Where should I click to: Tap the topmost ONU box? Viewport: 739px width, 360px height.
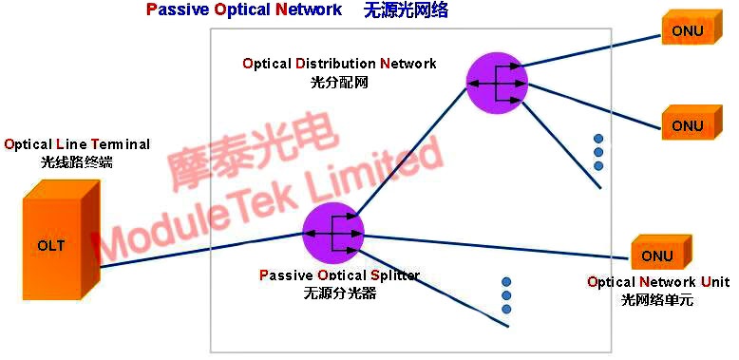pyautogui.click(x=688, y=31)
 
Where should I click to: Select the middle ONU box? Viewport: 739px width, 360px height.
pyautogui.click(x=688, y=125)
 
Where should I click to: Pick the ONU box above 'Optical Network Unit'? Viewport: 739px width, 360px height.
pyautogui.click(x=657, y=256)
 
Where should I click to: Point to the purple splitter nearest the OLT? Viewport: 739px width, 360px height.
pyautogui.click(x=333, y=233)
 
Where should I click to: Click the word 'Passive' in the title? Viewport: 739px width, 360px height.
pyautogui.click(x=176, y=10)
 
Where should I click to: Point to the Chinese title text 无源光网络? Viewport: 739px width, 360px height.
pyautogui.click(x=406, y=10)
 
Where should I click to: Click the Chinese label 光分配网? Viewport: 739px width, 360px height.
pyautogui.click(x=339, y=82)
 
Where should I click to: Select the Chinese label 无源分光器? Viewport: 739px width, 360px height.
pyautogui.click(x=339, y=294)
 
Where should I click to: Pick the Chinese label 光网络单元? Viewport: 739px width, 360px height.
pyautogui.click(x=657, y=299)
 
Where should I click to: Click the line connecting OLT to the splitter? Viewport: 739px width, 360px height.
pyautogui.click(x=199, y=251)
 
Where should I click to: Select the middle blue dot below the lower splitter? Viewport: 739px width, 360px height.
pyautogui.click(x=506, y=295)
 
